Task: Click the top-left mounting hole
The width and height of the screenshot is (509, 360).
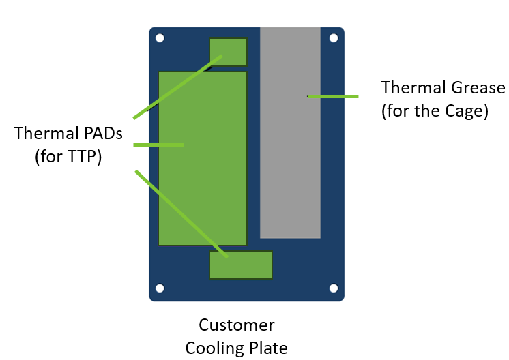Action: tap(160, 38)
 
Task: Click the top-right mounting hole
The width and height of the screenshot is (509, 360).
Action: tap(334, 38)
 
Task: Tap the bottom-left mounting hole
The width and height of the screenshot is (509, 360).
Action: tap(160, 288)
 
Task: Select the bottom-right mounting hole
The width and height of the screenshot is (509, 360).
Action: tap(334, 288)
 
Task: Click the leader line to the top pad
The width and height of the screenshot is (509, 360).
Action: tap(177, 87)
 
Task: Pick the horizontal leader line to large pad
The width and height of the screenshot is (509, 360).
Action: tap(158, 145)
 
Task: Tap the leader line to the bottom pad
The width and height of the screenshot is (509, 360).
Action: tap(181, 213)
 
